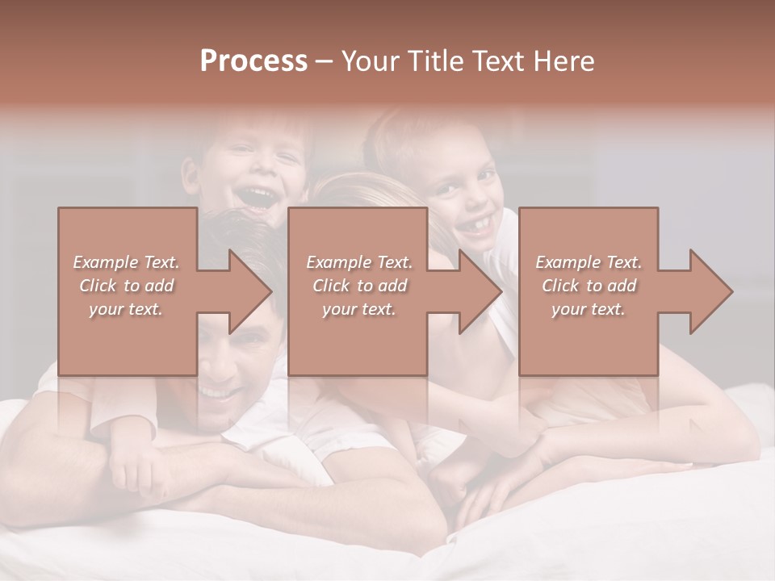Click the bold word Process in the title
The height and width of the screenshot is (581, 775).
[253, 61]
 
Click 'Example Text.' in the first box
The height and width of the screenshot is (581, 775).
[126, 262]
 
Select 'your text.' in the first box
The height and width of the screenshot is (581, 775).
[126, 309]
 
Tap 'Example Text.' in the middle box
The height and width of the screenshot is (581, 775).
[359, 262]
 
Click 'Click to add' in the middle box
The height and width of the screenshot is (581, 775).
[359, 286]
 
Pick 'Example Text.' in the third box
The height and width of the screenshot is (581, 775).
[589, 262]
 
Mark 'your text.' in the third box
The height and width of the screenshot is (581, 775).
[589, 309]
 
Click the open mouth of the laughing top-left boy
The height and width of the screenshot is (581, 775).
[257, 196]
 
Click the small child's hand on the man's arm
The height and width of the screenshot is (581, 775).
[129, 468]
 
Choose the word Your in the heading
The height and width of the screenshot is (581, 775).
[367, 61]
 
